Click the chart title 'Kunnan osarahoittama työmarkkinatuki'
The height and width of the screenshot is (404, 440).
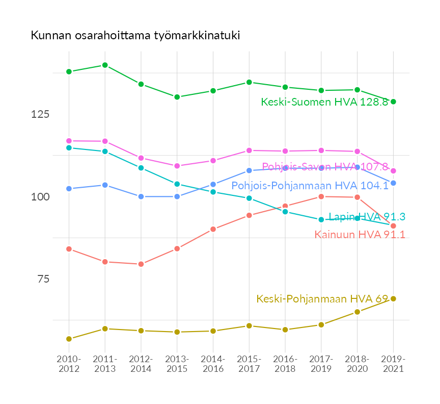pyautogui.click(x=135, y=36)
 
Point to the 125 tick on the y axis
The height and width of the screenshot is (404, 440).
pyautogui.click(x=40, y=114)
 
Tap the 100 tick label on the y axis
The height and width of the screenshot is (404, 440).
pyautogui.click(x=40, y=197)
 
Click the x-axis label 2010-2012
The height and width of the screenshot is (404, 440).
pyautogui.click(x=69, y=364)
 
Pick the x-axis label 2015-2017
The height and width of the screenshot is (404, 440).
pyautogui.click(x=249, y=364)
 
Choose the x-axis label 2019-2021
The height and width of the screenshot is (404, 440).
pyautogui.click(x=393, y=364)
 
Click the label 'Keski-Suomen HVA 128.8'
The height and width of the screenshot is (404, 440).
pyautogui.click(x=324, y=102)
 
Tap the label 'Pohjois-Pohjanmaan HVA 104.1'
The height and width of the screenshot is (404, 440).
pyautogui.click(x=310, y=186)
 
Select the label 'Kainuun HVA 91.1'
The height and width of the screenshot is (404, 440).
pyautogui.click(x=360, y=235)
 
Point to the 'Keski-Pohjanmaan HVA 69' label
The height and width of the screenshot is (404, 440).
pyautogui.click(x=322, y=299)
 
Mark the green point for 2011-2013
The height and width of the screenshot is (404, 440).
pyautogui.click(x=105, y=65)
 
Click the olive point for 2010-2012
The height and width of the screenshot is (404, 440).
pyautogui.click(x=69, y=339)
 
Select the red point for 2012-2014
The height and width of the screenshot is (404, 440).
pyautogui.click(x=141, y=264)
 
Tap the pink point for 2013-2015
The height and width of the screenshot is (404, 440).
pyautogui.click(x=177, y=166)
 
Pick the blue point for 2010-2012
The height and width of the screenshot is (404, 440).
pyautogui.click(x=69, y=189)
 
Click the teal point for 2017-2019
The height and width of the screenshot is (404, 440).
pyautogui.click(x=321, y=219)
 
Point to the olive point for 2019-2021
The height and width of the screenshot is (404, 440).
pyautogui.click(x=393, y=299)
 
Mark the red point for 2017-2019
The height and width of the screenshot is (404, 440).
pyautogui.click(x=321, y=196)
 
